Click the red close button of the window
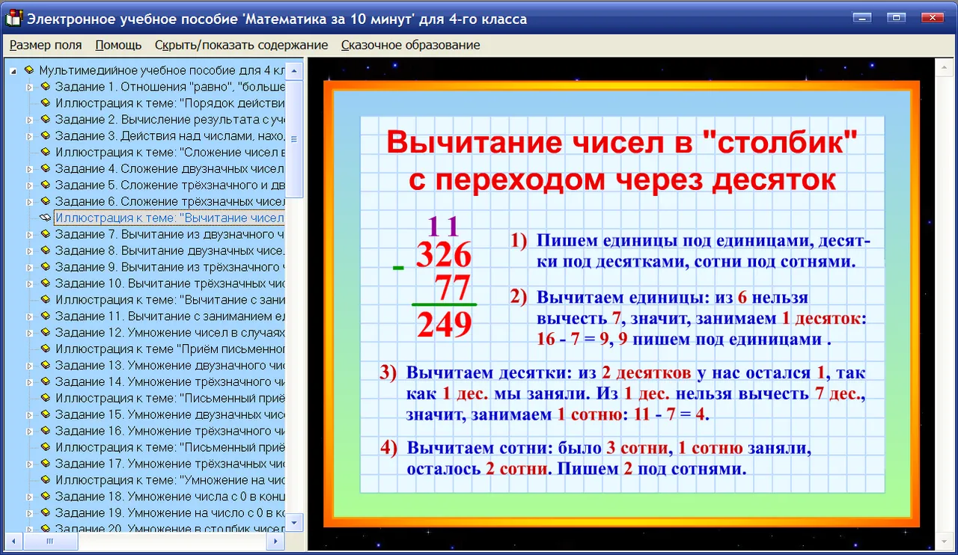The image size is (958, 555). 933,17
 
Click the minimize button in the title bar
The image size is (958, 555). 861,17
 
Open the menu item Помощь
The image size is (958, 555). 118,45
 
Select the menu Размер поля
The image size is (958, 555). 46,45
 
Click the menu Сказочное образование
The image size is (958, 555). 411,45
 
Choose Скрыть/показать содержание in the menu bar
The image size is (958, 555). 241,45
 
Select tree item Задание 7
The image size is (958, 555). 169,234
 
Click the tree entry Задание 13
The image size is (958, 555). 169,365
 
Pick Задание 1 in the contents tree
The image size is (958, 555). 169,87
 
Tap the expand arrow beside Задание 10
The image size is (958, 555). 29,284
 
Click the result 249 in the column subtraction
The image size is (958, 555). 445,325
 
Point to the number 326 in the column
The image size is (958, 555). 444,255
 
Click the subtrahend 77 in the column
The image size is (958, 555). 453,287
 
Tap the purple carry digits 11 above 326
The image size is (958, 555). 443,226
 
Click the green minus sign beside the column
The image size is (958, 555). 398,268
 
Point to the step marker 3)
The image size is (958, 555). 388,372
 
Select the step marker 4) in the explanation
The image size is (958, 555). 388,448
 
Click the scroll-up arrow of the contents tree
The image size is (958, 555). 294,71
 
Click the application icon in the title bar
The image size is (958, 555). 13,18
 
